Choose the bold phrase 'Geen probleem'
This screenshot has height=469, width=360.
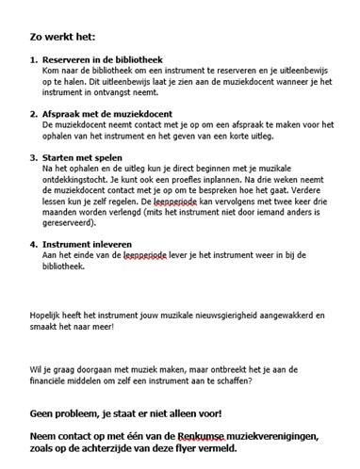[x=71, y=414]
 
